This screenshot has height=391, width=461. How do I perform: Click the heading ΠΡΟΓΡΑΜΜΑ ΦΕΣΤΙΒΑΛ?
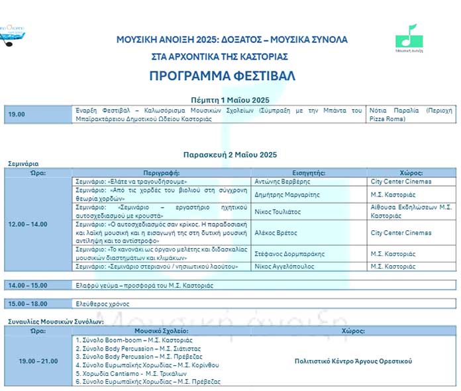pyautogui.click(x=222, y=75)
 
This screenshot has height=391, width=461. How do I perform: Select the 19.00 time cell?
pyautogui.click(x=17, y=114)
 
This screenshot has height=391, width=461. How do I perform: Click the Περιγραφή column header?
pyautogui.click(x=162, y=172)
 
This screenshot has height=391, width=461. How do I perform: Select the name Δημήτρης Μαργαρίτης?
pyautogui.click(x=286, y=194)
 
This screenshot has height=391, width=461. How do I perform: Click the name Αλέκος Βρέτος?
pyautogui.click(x=275, y=233)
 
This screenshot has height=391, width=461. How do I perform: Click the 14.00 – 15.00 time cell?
pyautogui.click(x=28, y=285)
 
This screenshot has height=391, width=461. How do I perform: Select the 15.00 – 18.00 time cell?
pyautogui.click(x=28, y=304)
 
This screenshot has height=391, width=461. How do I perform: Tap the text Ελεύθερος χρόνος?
pyautogui.click(x=102, y=304)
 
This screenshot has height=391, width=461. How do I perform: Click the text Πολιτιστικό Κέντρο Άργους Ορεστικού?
pyautogui.click(x=353, y=361)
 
